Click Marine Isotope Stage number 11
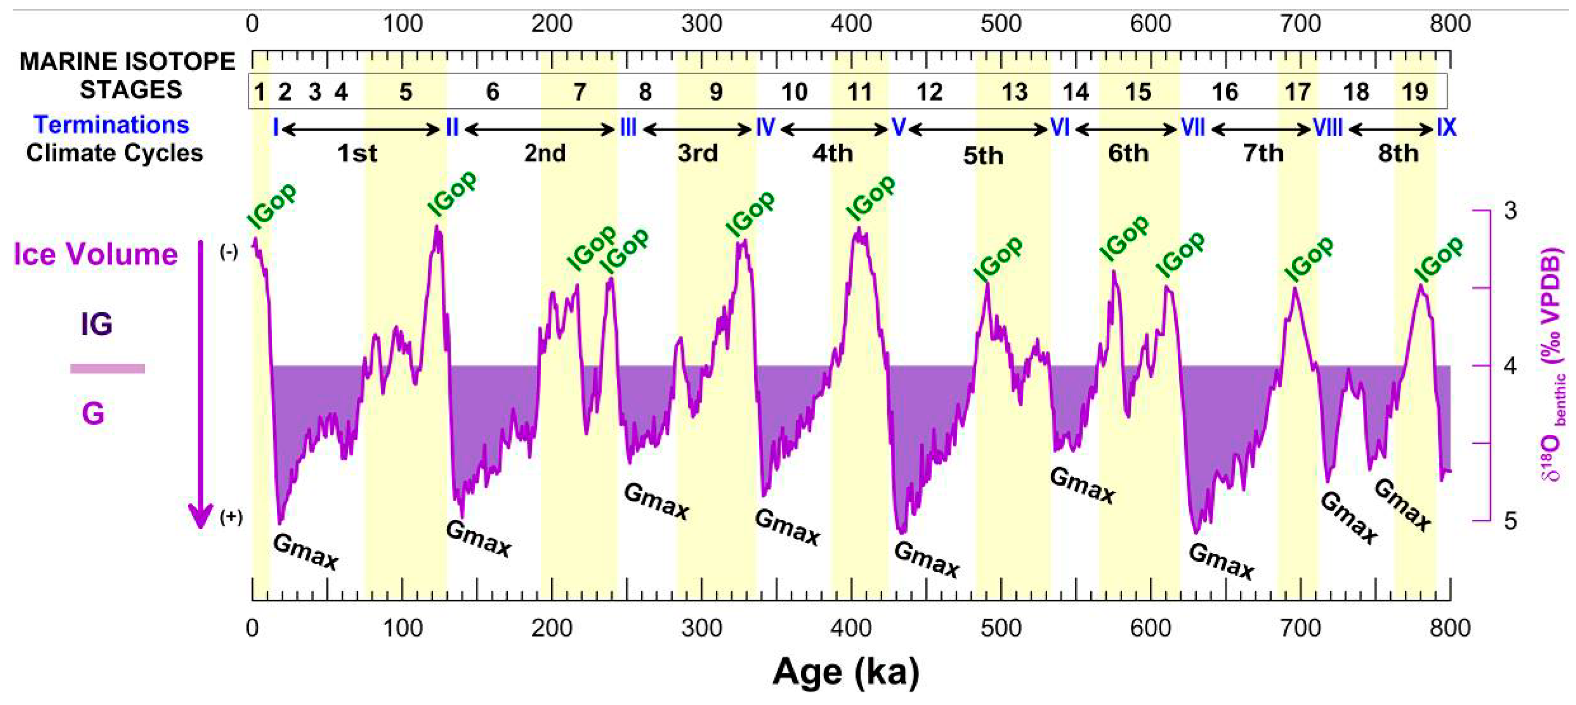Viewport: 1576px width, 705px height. pos(859,92)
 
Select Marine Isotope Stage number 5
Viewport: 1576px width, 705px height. pos(405,92)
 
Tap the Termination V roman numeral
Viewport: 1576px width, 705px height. pos(897,128)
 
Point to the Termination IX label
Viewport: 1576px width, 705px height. pos(1446,128)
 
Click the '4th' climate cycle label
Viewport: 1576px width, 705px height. pos(832,153)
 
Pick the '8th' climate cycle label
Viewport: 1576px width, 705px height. pos(1398,153)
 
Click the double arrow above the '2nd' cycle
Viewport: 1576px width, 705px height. pos(539,129)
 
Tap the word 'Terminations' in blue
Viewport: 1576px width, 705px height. pos(111,125)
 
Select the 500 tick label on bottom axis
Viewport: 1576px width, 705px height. pos(1001,628)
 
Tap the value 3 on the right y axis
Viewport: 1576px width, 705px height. pos(1510,211)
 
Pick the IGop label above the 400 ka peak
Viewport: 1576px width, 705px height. pos(870,197)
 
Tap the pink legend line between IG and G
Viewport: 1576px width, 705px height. pos(108,369)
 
